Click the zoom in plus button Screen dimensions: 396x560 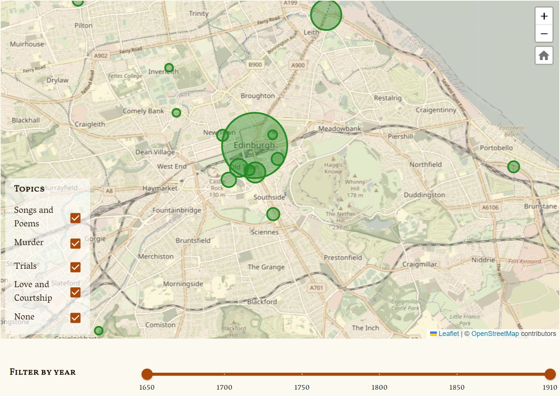click(x=544, y=16)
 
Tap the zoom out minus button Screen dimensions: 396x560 click(x=544, y=34)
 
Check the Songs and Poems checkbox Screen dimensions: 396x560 click(x=75, y=218)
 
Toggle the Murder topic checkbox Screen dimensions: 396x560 click(x=75, y=243)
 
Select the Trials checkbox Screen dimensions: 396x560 click(x=75, y=267)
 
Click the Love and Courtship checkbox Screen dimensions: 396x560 click(x=75, y=292)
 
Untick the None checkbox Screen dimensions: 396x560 click(x=75, y=318)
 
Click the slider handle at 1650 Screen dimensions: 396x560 click(x=147, y=374)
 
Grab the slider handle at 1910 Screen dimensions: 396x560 click(x=550, y=374)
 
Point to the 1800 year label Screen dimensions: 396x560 click(x=379, y=387)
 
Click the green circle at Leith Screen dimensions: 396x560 click(x=326, y=15)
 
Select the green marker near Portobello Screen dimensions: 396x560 click(x=513, y=167)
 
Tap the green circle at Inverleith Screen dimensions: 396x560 click(x=169, y=68)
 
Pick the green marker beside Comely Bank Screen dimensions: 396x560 click(x=176, y=113)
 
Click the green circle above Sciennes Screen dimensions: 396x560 click(x=273, y=214)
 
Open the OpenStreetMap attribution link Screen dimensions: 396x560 click(x=495, y=334)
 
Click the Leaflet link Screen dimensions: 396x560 click(x=449, y=334)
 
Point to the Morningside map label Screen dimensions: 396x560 click(x=183, y=284)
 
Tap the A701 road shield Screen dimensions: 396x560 click(x=316, y=288)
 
